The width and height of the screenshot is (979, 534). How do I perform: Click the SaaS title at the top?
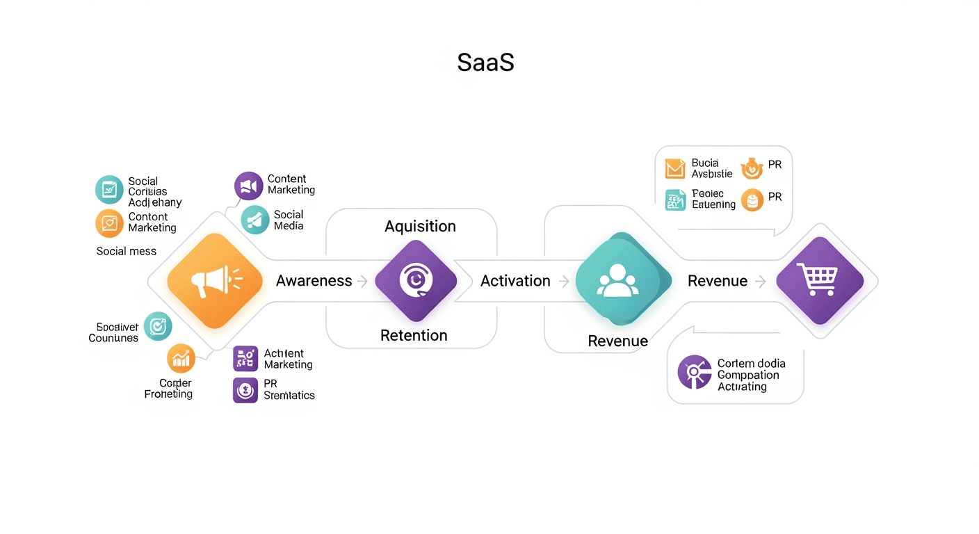pyautogui.click(x=485, y=63)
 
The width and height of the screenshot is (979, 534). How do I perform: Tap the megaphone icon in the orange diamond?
pyautogui.click(x=215, y=280)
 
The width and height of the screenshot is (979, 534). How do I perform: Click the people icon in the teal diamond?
pyautogui.click(x=617, y=281)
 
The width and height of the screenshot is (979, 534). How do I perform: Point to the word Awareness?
pyautogui.click(x=314, y=281)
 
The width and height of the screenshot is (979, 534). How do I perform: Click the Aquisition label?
pyautogui.click(x=420, y=226)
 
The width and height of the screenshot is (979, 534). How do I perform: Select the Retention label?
pyautogui.click(x=413, y=335)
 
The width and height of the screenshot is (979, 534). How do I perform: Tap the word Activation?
pyautogui.click(x=515, y=281)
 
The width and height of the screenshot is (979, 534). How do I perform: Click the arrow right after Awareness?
pyautogui.click(x=362, y=282)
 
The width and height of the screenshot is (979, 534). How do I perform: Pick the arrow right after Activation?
pyautogui.click(x=564, y=282)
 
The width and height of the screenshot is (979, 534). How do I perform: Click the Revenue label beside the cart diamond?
pyautogui.click(x=717, y=281)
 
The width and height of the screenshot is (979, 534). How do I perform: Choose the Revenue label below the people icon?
pyautogui.click(x=617, y=341)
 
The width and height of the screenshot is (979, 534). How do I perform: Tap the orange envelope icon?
pyautogui.click(x=674, y=168)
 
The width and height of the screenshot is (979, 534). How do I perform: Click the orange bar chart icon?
pyautogui.click(x=181, y=358)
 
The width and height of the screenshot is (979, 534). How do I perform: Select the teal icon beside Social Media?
pyautogui.click(x=255, y=220)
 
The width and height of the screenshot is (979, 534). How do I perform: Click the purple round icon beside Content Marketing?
pyautogui.click(x=249, y=186)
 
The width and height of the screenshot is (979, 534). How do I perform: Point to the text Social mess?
pyautogui.click(x=126, y=251)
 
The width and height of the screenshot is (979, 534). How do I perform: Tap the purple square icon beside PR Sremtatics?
pyautogui.click(x=245, y=390)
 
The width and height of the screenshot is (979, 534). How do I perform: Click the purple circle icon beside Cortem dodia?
pyautogui.click(x=694, y=372)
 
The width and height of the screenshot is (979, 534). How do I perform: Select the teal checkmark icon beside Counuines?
pyautogui.click(x=158, y=325)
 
